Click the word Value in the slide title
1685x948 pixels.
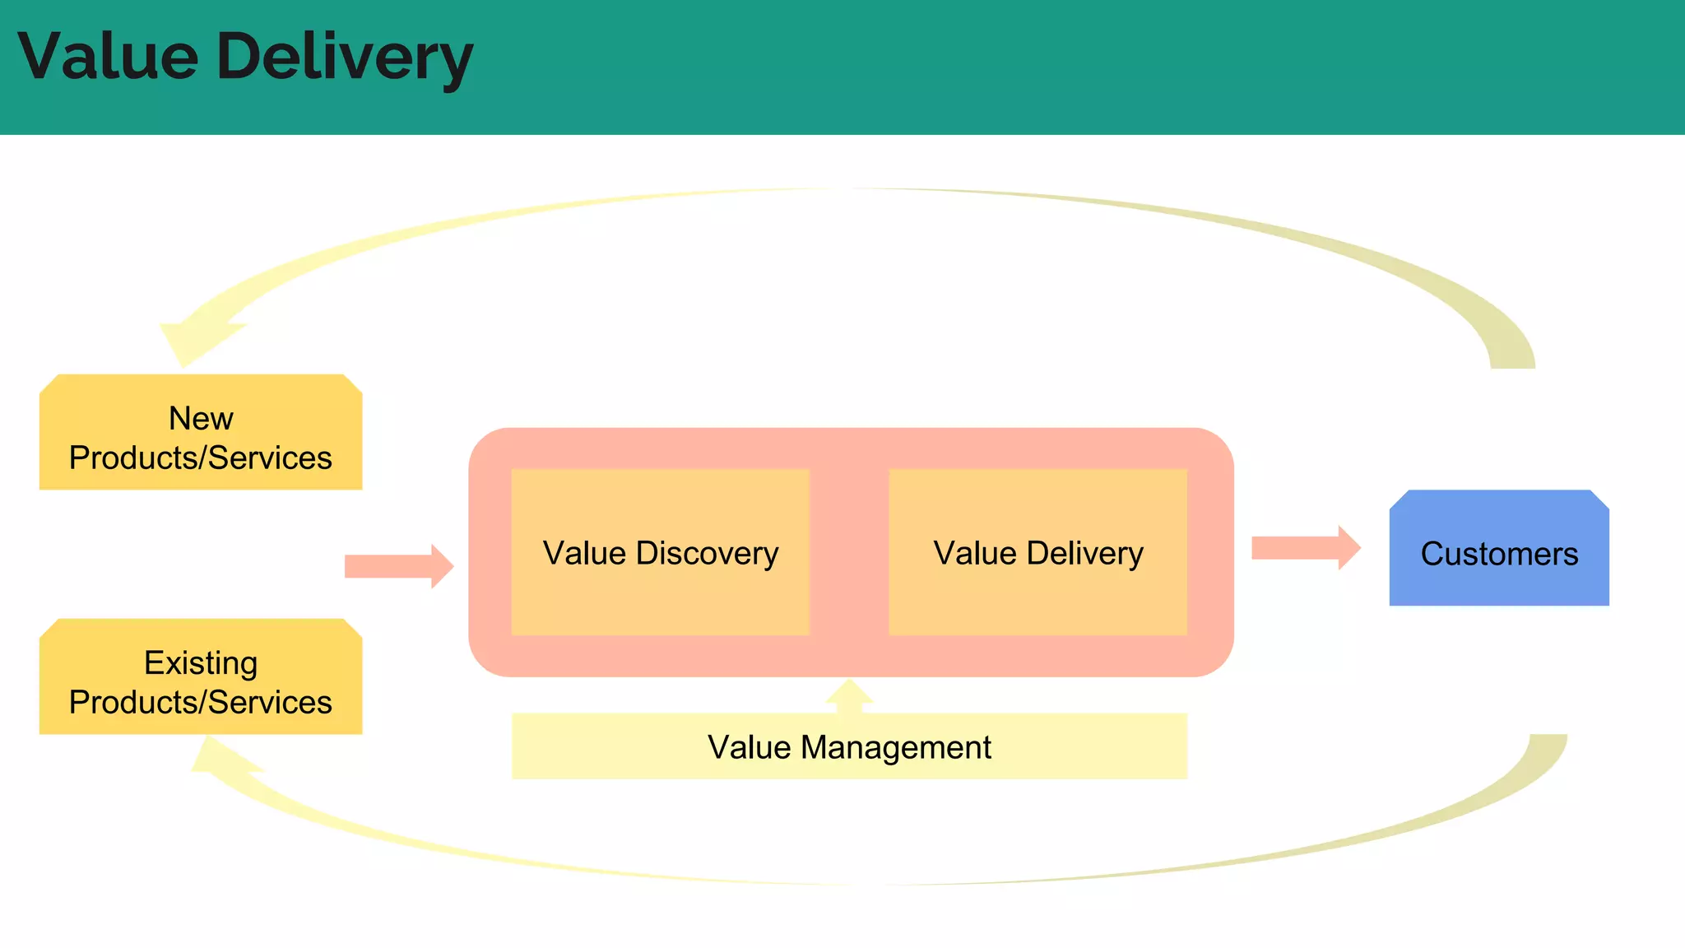[x=108, y=56]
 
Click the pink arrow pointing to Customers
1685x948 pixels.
[x=1305, y=548]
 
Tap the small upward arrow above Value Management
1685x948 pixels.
[x=849, y=696]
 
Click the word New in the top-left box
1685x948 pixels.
[x=201, y=418]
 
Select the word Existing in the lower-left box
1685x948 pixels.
[x=201, y=662]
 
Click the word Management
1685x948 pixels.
[x=895, y=747]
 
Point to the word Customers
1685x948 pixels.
[x=1498, y=554]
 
